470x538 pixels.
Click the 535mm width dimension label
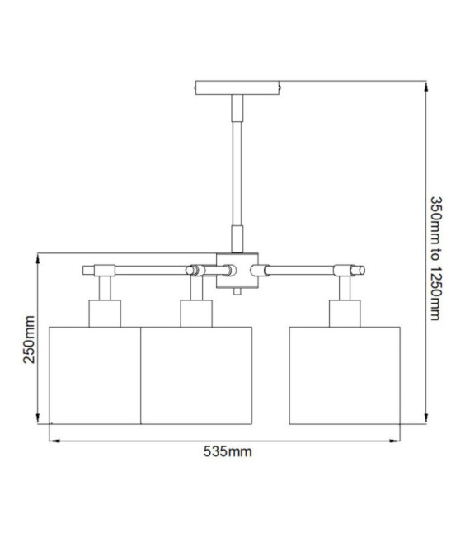[x=228, y=451]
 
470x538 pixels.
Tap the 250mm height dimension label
[x=29, y=339]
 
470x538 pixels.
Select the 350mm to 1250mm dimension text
[x=435, y=258]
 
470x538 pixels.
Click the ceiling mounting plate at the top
[x=237, y=87]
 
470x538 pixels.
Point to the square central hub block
[x=237, y=271]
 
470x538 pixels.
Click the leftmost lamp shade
[x=95, y=375]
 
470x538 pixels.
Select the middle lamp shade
[x=196, y=375]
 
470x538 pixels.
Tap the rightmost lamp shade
[x=345, y=375]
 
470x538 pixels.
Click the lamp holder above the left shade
[x=105, y=314]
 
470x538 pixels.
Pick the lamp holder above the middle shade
[x=196, y=314]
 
